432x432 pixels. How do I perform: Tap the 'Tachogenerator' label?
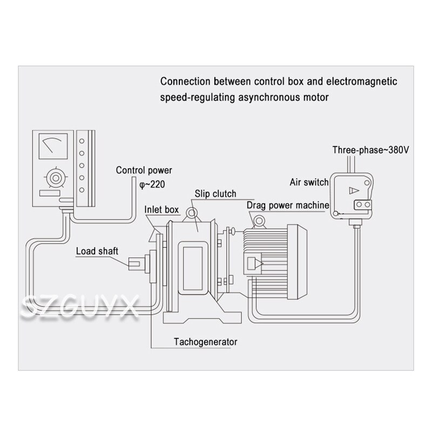(x=206, y=342)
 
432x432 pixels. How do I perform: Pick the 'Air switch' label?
(x=309, y=183)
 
